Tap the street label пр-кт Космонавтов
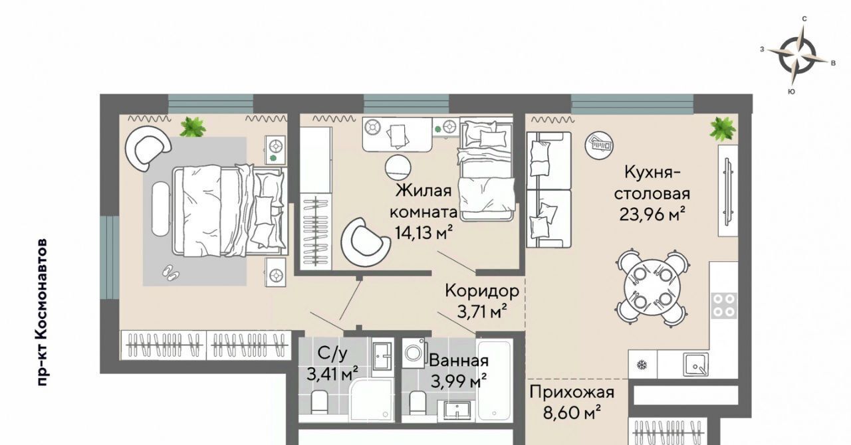[x=43, y=312]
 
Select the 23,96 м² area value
[x=652, y=215]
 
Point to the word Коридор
[x=482, y=291]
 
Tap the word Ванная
[x=459, y=361]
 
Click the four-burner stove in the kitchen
[x=724, y=306]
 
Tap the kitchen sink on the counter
[x=695, y=364]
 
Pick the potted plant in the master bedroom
[x=193, y=127]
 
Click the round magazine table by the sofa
[x=600, y=145]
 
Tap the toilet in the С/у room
[x=319, y=402]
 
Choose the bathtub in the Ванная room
[x=495, y=380]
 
